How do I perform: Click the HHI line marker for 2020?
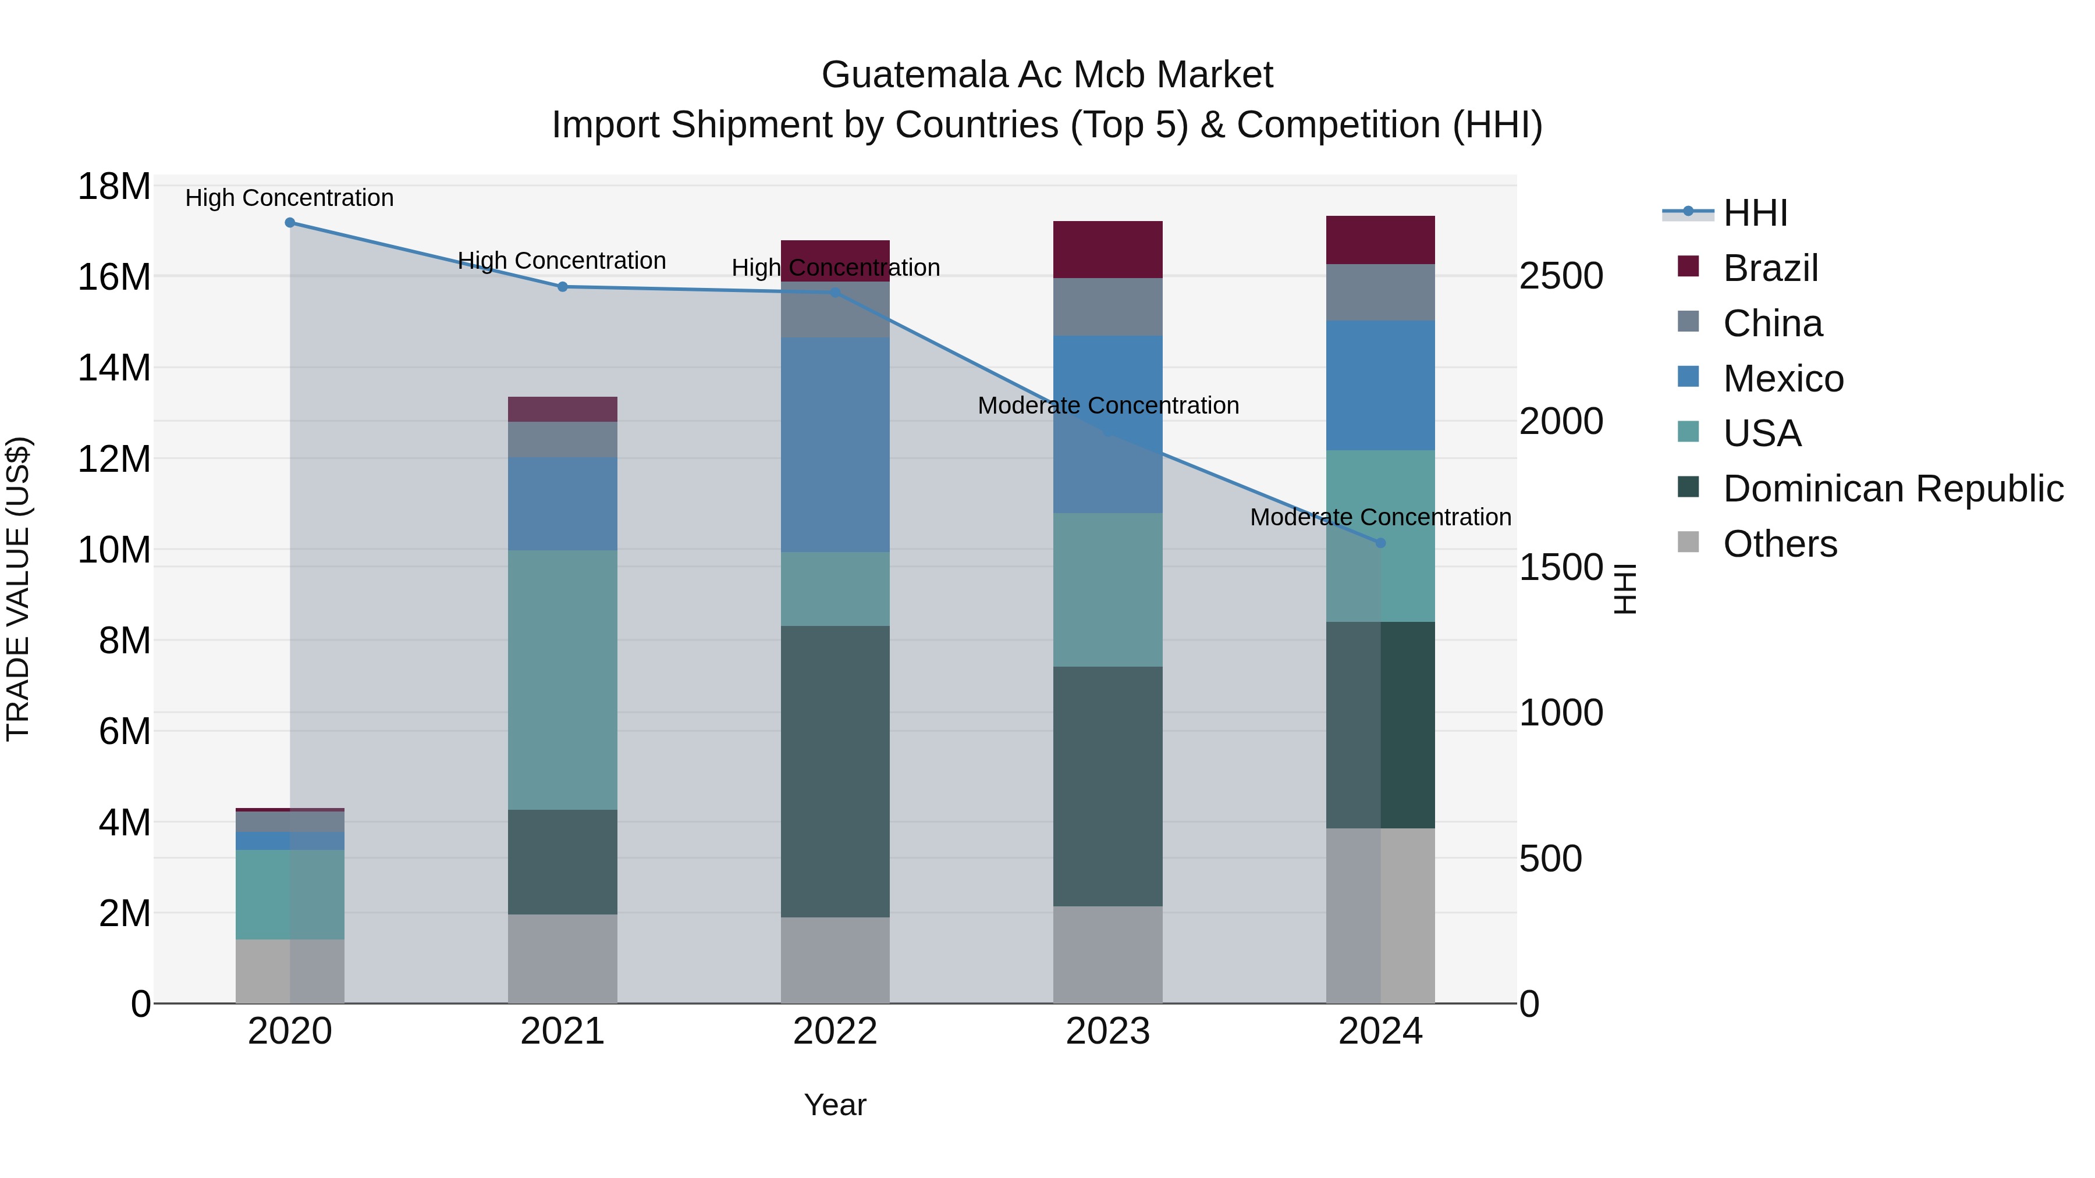click(x=290, y=223)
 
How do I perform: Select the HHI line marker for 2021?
click(x=562, y=287)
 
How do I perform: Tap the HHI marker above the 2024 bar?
click(x=1380, y=543)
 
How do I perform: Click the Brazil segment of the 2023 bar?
click(x=1107, y=250)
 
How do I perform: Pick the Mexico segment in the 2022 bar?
click(x=835, y=444)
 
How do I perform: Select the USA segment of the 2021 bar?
click(x=562, y=679)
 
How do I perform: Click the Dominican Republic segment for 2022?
click(x=835, y=771)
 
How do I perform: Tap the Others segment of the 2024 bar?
click(x=1380, y=916)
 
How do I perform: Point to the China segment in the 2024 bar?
click(x=1380, y=292)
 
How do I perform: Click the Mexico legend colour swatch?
click(x=1688, y=377)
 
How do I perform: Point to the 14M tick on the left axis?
click(x=114, y=368)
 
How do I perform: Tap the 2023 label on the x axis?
click(x=1107, y=1031)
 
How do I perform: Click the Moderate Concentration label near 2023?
click(x=1107, y=405)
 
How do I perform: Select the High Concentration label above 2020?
click(x=290, y=198)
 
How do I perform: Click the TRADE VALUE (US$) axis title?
click(x=18, y=589)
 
